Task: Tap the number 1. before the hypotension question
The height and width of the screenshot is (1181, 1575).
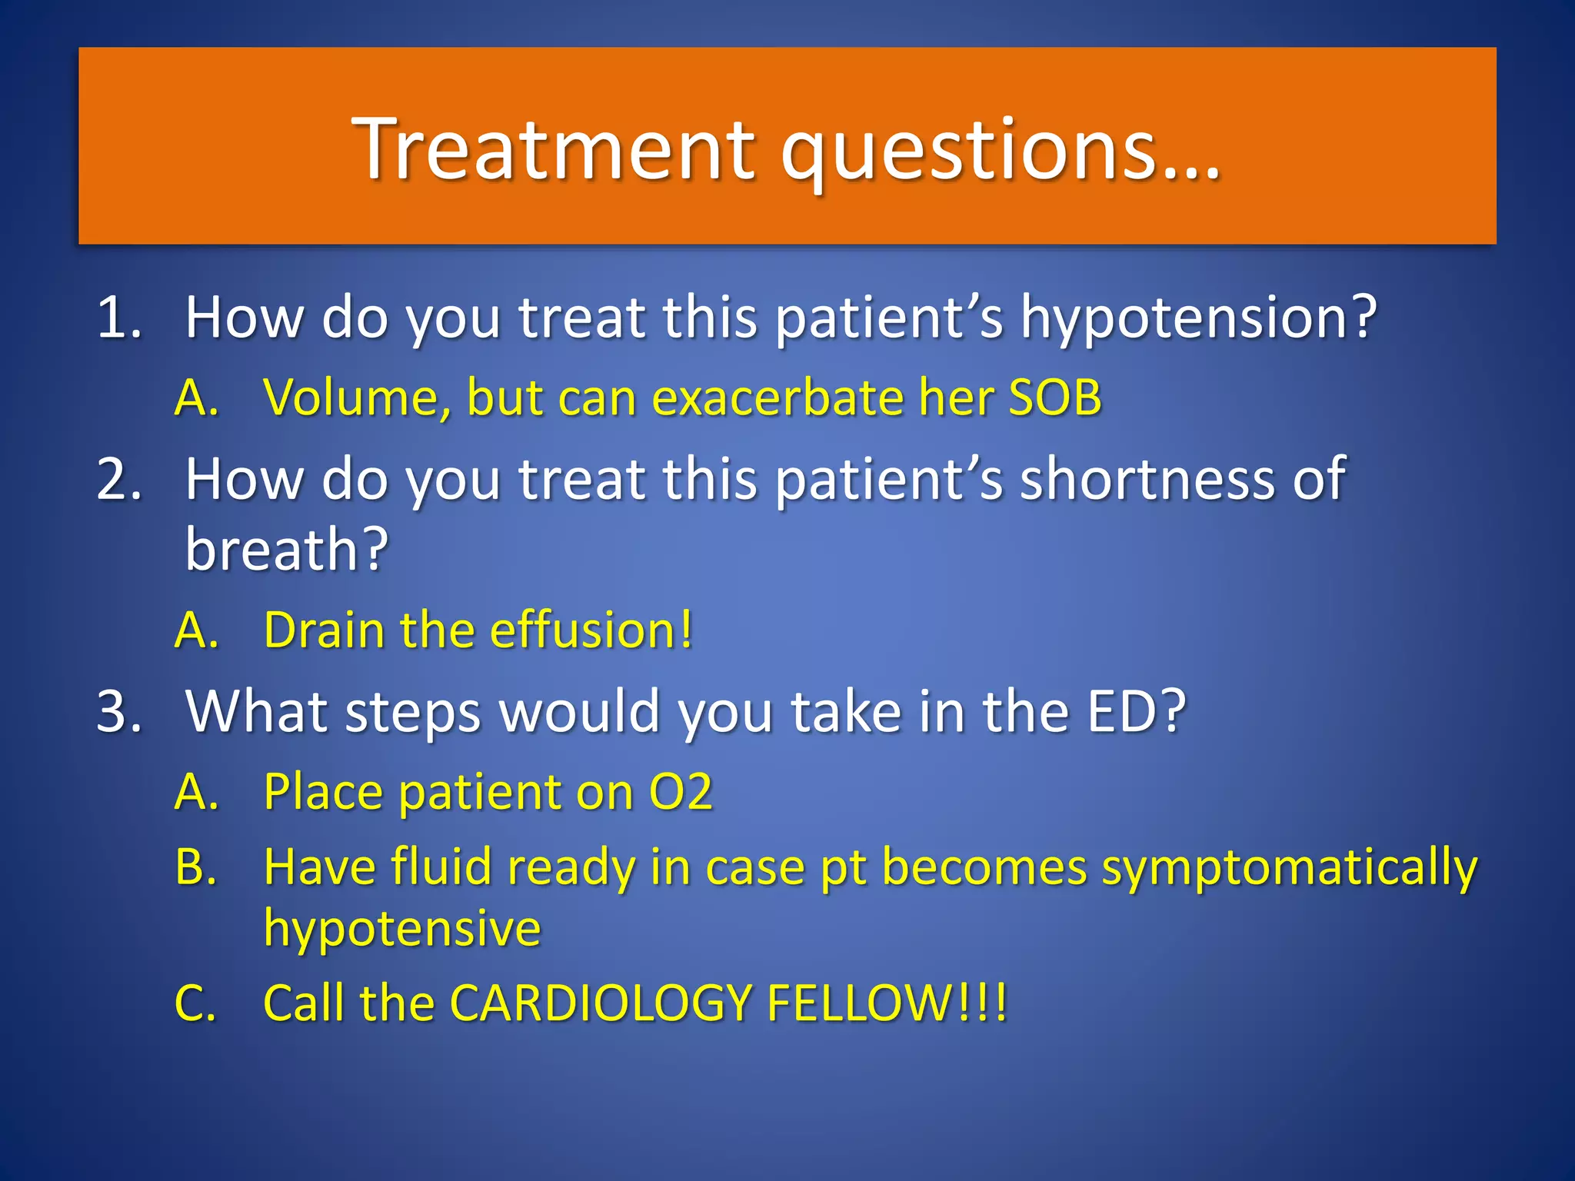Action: (119, 317)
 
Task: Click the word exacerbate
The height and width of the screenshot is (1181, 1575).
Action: (777, 398)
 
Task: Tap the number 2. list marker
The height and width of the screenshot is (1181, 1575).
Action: (119, 480)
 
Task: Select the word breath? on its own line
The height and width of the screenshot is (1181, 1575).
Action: (287, 551)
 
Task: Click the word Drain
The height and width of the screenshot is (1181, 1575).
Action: (324, 630)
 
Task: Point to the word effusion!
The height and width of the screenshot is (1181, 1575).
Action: (591, 630)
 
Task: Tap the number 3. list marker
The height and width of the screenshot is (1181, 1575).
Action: (119, 712)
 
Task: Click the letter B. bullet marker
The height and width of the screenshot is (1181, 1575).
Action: (195, 867)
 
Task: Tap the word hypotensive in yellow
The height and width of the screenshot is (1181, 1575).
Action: (402, 929)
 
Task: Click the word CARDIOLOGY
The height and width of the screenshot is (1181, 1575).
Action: (600, 1003)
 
